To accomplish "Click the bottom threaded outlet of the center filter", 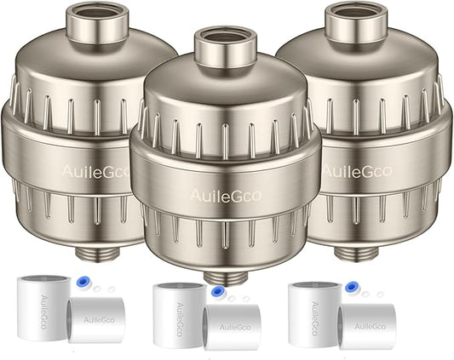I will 226,274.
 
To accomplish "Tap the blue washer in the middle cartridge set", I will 218,289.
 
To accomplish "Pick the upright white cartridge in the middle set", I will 178,316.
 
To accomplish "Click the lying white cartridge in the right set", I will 365,324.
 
